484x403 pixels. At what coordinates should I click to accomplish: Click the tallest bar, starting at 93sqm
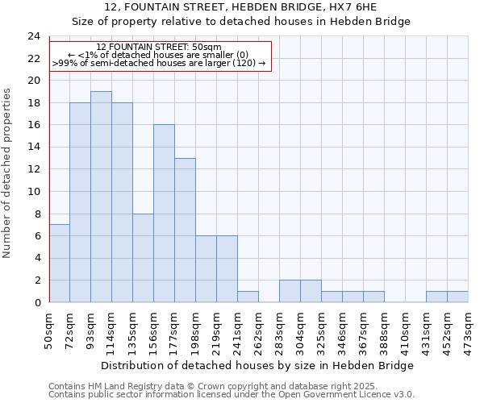click(x=101, y=197)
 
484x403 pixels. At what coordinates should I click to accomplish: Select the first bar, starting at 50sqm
click(x=59, y=264)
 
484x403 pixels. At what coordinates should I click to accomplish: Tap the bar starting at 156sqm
click(x=164, y=214)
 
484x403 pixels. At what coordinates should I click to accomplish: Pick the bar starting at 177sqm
click(x=185, y=231)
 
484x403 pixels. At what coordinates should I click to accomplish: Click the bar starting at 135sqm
click(x=143, y=258)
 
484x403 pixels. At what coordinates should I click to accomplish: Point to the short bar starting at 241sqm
click(x=248, y=297)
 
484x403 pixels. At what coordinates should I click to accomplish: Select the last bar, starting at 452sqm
click(x=457, y=297)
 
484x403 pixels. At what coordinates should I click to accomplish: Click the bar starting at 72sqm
click(x=80, y=202)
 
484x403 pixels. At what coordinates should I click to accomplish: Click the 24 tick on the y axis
click(x=33, y=36)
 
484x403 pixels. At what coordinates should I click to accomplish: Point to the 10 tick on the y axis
click(x=33, y=192)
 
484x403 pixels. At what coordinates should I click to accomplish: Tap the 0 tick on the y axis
click(x=36, y=302)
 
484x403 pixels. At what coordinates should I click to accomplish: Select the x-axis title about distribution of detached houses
click(x=258, y=365)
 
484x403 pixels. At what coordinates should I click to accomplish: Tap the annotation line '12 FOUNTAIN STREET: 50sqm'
click(x=159, y=47)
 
